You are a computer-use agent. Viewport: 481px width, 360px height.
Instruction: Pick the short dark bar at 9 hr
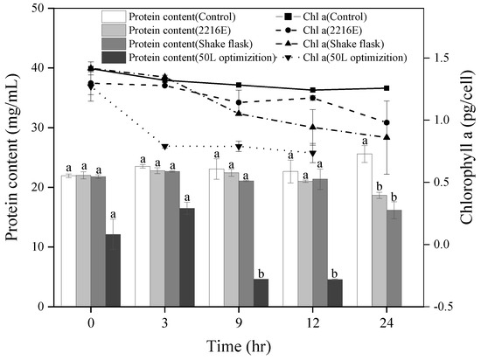261,293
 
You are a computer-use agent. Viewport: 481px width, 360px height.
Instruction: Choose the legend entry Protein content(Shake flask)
166,44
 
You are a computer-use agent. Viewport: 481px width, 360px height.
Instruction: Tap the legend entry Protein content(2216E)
157,31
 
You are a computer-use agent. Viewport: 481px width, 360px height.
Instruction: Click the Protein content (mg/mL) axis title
13,157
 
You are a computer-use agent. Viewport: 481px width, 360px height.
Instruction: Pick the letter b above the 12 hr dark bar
333,272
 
